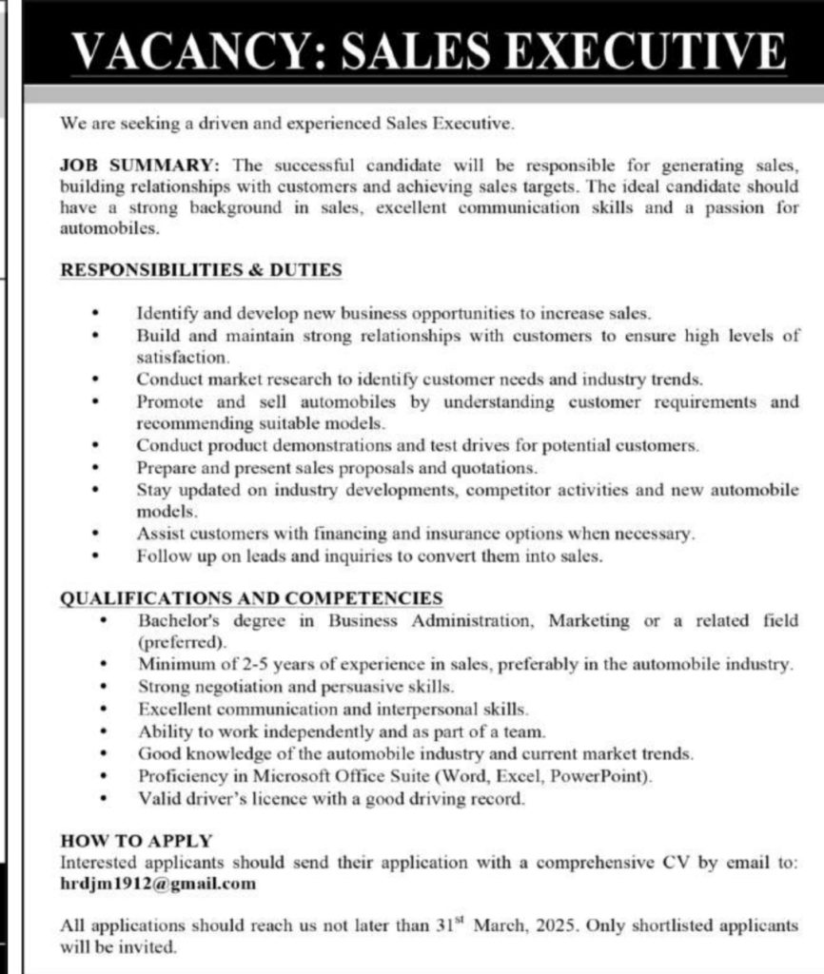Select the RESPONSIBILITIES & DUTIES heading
coord(201,270)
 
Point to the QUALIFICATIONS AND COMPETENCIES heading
coord(251,598)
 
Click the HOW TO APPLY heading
coord(136,841)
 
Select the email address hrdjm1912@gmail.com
coord(158,884)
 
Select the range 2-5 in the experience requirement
coord(264,664)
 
